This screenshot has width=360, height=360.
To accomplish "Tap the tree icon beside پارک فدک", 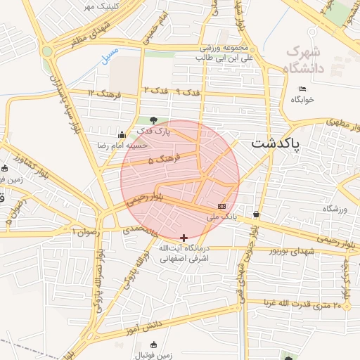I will pos(153,120).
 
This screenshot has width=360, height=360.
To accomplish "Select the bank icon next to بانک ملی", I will pos(222,206).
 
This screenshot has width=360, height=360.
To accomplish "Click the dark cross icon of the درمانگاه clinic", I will pos(184,238).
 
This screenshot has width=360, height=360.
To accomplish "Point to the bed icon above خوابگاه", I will pos(302,89).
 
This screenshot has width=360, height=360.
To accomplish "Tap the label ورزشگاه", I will pos(335,209).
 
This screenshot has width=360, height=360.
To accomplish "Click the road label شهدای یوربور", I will pos(295,250).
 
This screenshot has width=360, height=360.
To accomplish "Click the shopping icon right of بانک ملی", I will pos(255,214).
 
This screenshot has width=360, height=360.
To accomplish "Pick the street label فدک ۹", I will pos(188,92).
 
